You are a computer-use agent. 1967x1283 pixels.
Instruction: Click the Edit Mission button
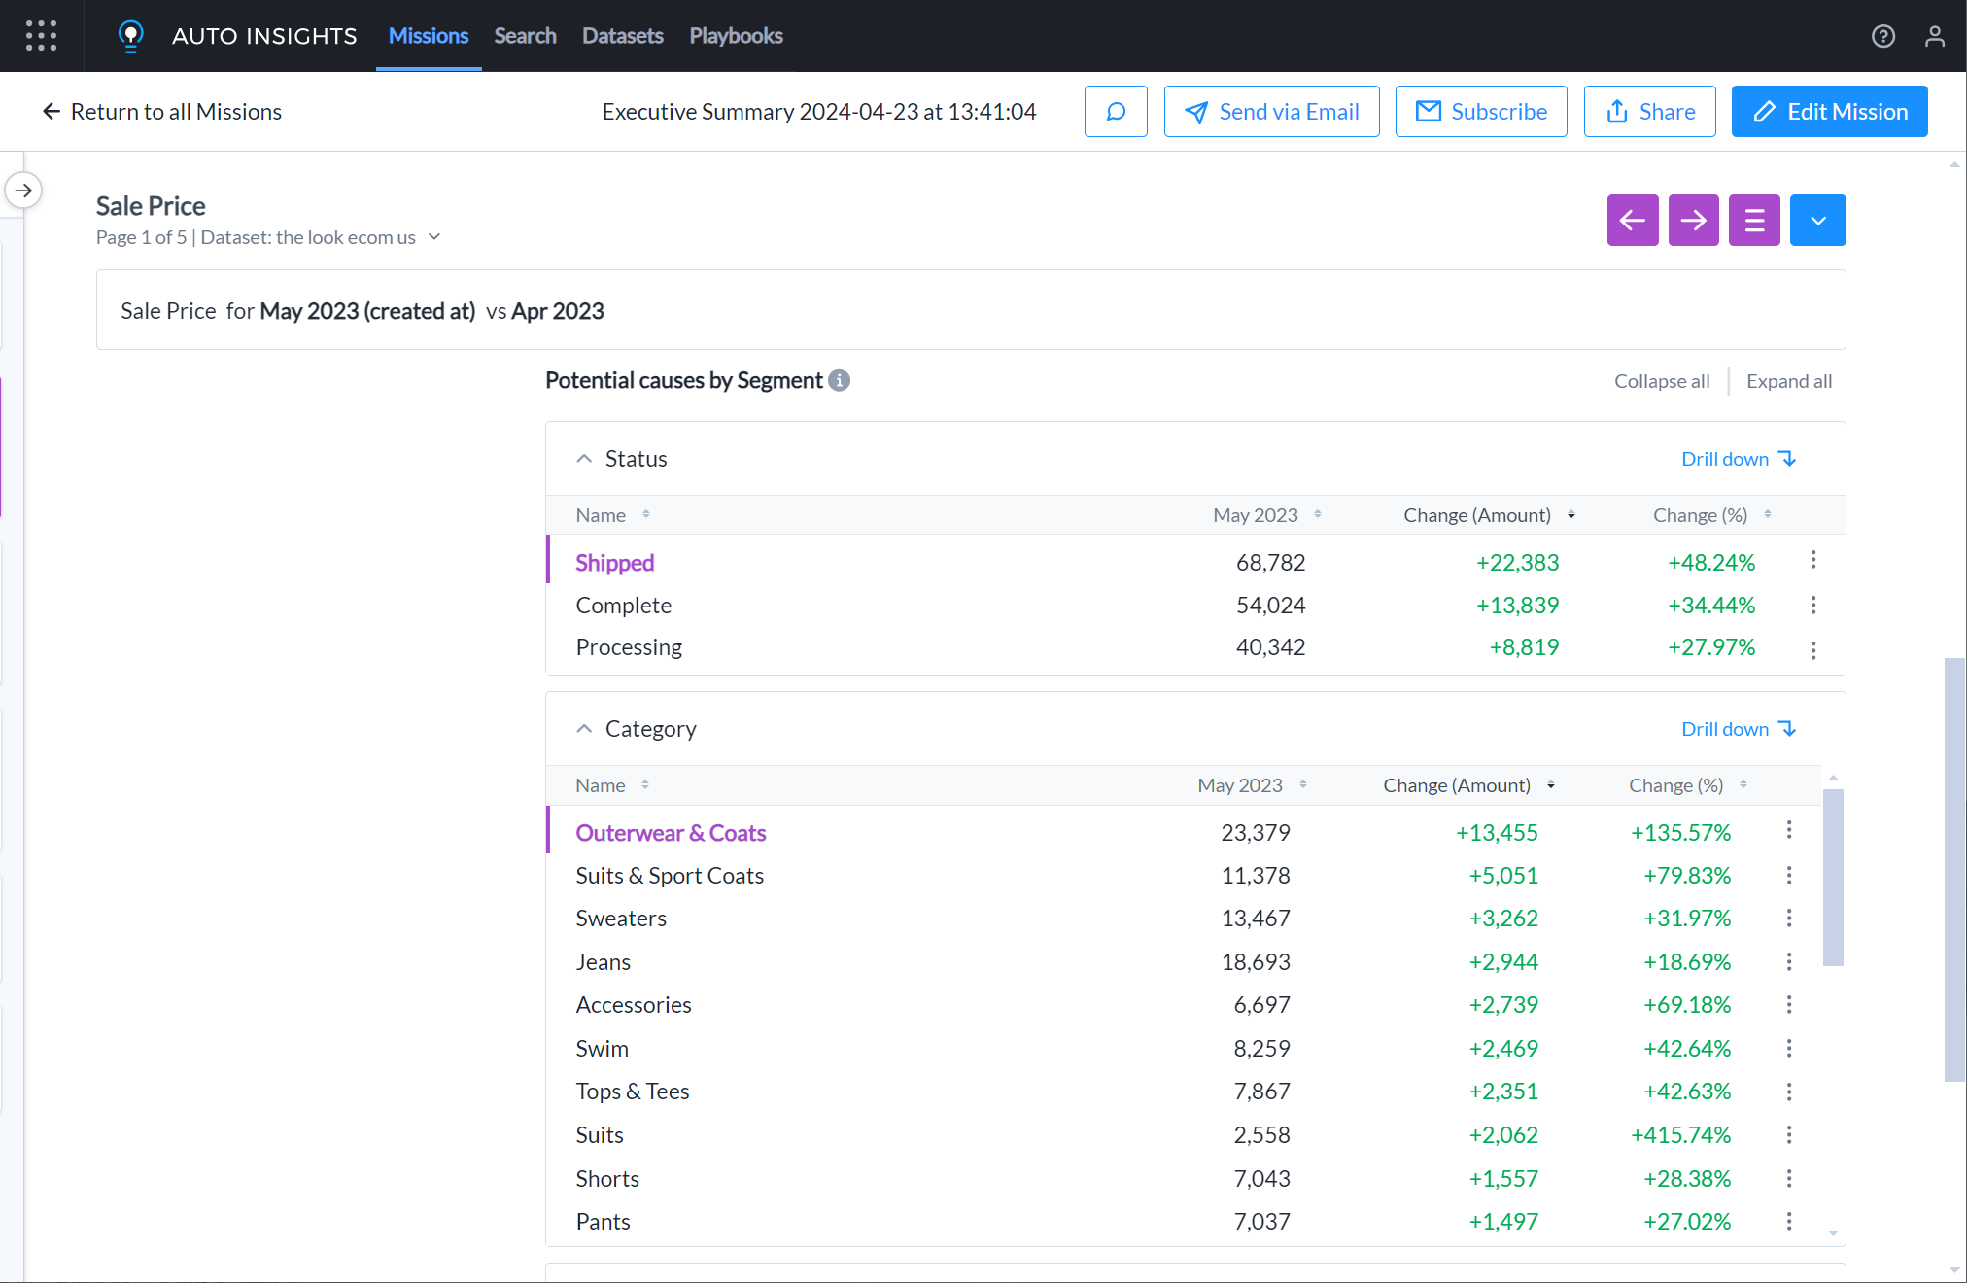pos(1829,112)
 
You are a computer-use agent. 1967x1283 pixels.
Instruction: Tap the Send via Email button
pos(1271,112)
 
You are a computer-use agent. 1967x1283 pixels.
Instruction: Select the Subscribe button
pos(1481,112)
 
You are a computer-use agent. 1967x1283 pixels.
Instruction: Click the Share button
pos(1649,112)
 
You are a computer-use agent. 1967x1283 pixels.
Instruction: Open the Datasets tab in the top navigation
pos(622,36)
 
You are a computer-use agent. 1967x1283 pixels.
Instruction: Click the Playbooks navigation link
pos(736,36)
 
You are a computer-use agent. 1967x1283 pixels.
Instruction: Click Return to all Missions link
pos(161,112)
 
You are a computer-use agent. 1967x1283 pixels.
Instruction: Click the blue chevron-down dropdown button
pos(1817,221)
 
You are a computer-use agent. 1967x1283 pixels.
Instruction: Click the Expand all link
pos(1788,381)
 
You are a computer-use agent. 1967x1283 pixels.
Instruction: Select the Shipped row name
pos(614,563)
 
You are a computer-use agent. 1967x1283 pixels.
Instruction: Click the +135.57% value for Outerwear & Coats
pos(1680,833)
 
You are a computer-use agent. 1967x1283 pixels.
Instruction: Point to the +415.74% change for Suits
pos(1680,1135)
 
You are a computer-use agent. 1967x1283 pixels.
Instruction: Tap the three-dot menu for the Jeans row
pos(1788,961)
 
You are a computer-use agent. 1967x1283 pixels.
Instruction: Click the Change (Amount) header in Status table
pos(1477,515)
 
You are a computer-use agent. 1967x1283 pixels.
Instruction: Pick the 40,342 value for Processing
pos(1270,647)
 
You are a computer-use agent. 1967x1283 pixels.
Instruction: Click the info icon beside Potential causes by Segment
pos(839,381)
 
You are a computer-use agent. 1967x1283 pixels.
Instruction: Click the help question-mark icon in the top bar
pos(1882,36)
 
